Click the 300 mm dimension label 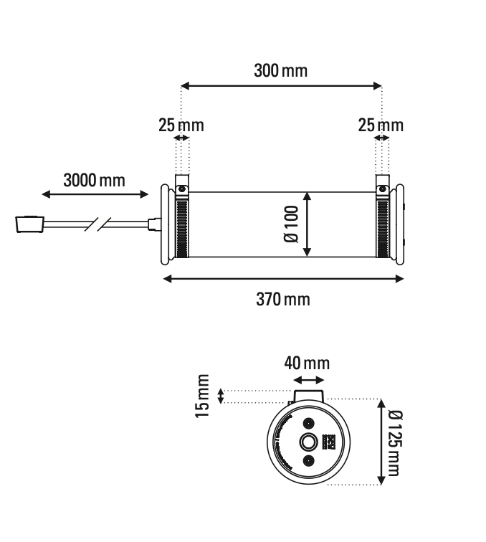tap(280, 71)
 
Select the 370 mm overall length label tap(283, 298)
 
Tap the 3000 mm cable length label tap(93, 180)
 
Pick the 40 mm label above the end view tap(308, 363)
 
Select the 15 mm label tap(204, 395)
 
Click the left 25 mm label tap(181, 125)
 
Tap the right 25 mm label tap(381, 125)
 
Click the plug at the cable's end tap(29, 224)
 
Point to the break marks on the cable tap(97, 224)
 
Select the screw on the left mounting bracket tap(182, 190)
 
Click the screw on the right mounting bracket tap(383, 190)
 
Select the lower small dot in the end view tap(308, 460)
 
